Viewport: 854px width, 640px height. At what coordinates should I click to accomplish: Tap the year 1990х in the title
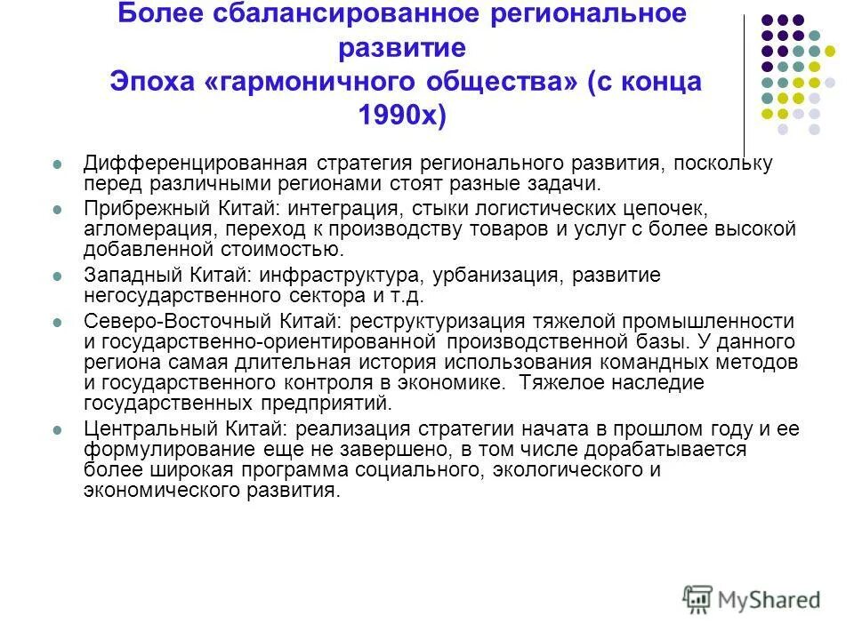pos(399,115)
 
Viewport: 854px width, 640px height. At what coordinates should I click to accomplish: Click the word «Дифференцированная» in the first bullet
pos(196,164)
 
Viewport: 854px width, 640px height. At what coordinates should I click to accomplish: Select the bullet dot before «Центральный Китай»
pos(58,428)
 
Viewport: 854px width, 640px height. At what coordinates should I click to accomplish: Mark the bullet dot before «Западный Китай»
pos(58,276)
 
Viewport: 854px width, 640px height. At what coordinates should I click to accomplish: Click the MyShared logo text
pos(770,599)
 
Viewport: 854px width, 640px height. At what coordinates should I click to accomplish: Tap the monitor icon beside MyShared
pos(699,598)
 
